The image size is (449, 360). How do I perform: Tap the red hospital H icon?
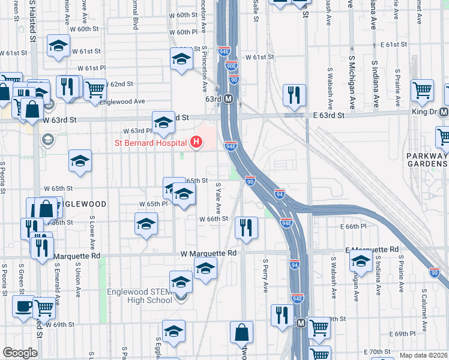click(x=195, y=143)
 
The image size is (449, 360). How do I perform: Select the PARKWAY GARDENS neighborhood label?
click(x=427, y=161)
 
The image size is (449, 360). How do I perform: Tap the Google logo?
click(x=20, y=353)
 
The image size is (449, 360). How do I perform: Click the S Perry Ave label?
click(x=265, y=275)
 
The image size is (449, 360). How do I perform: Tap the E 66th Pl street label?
click(x=353, y=226)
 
